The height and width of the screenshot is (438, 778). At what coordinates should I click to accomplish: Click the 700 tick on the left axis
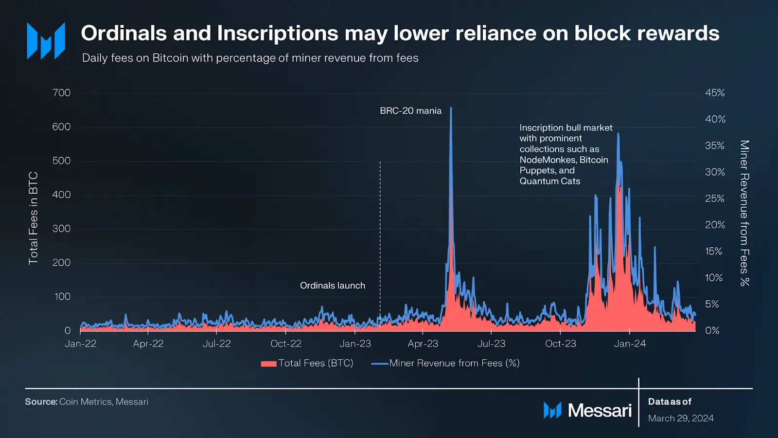pyautogui.click(x=61, y=93)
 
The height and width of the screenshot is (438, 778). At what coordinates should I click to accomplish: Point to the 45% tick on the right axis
pyautogui.click(x=715, y=93)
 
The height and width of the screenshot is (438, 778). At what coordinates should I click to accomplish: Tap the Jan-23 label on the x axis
pyautogui.click(x=355, y=344)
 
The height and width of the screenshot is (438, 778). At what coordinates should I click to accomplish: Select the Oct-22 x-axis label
pyautogui.click(x=286, y=344)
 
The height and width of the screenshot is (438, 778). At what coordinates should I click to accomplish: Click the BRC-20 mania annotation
pyautogui.click(x=410, y=111)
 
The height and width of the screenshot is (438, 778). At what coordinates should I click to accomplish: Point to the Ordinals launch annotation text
pyautogui.click(x=333, y=286)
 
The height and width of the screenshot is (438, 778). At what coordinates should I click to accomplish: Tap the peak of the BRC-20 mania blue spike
pyautogui.click(x=451, y=108)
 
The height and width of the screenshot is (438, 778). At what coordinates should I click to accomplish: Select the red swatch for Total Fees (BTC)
pyautogui.click(x=268, y=364)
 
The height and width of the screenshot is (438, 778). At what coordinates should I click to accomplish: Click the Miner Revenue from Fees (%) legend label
pyautogui.click(x=454, y=363)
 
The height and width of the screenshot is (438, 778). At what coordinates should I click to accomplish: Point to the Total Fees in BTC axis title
pyautogui.click(x=33, y=218)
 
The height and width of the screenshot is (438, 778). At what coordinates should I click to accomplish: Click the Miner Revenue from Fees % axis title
pyautogui.click(x=744, y=213)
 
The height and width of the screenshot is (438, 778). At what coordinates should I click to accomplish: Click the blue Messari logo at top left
pyautogui.click(x=46, y=41)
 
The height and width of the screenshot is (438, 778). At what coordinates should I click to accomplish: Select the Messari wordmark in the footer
pyautogui.click(x=600, y=411)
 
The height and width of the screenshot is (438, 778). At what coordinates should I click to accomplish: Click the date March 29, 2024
pyautogui.click(x=681, y=419)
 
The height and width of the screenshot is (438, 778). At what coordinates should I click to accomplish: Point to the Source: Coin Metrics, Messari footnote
pyautogui.click(x=87, y=402)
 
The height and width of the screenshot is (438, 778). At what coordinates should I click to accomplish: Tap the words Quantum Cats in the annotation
pyautogui.click(x=550, y=181)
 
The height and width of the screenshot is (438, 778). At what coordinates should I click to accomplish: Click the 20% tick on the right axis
pyautogui.click(x=715, y=225)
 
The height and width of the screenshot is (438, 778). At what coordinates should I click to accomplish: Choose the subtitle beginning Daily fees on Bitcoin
pyautogui.click(x=250, y=58)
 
